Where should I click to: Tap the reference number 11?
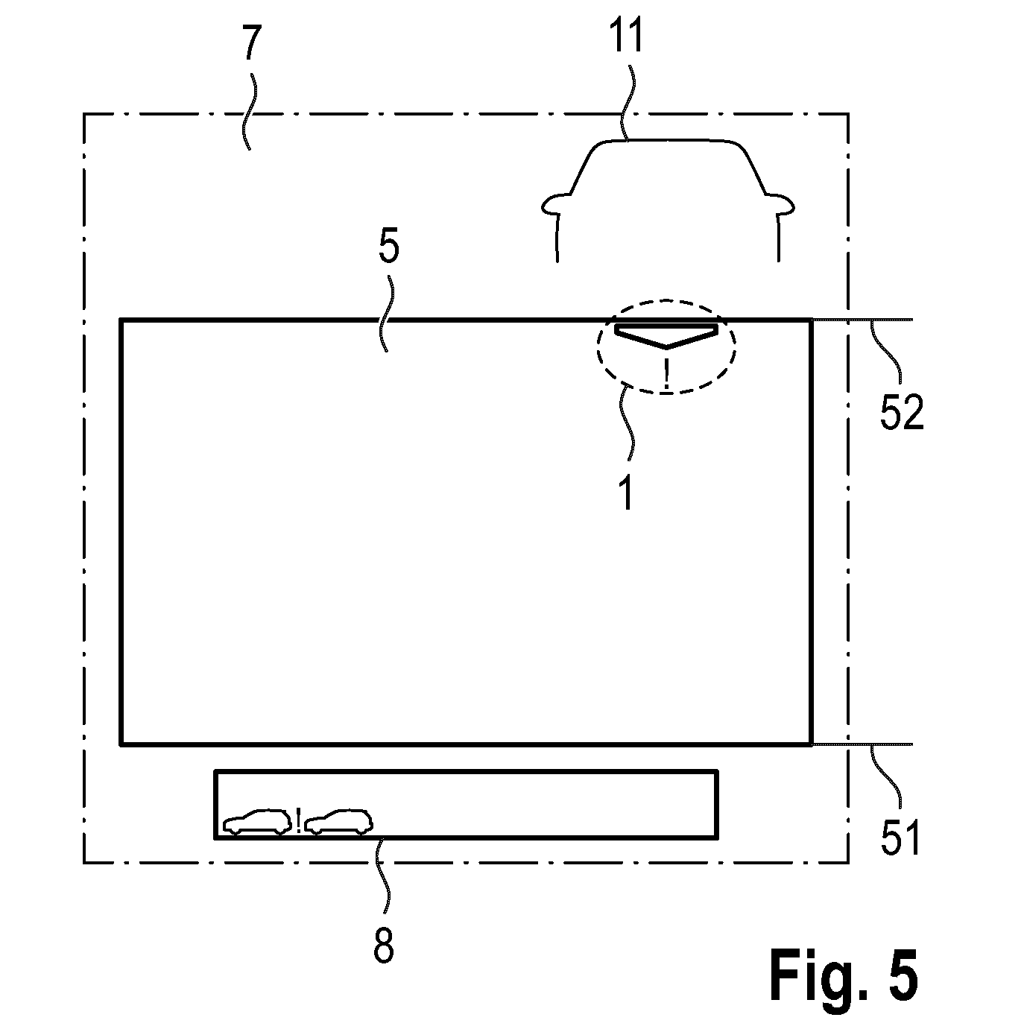[x=627, y=35]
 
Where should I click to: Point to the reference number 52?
[x=902, y=412]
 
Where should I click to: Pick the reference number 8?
[x=383, y=946]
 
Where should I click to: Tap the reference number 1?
[x=626, y=494]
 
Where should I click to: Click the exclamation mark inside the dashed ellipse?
[x=666, y=373]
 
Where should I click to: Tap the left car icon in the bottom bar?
[x=257, y=821]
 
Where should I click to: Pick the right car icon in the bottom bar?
[x=338, y=821]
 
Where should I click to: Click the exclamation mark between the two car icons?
[x=298, y=820]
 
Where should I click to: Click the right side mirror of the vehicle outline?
[x=780, y=204]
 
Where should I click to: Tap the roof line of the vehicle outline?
[x=668, y=141]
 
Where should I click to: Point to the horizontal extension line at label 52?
[x=862, y=320]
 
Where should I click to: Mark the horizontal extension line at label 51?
[x=862, y=744]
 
